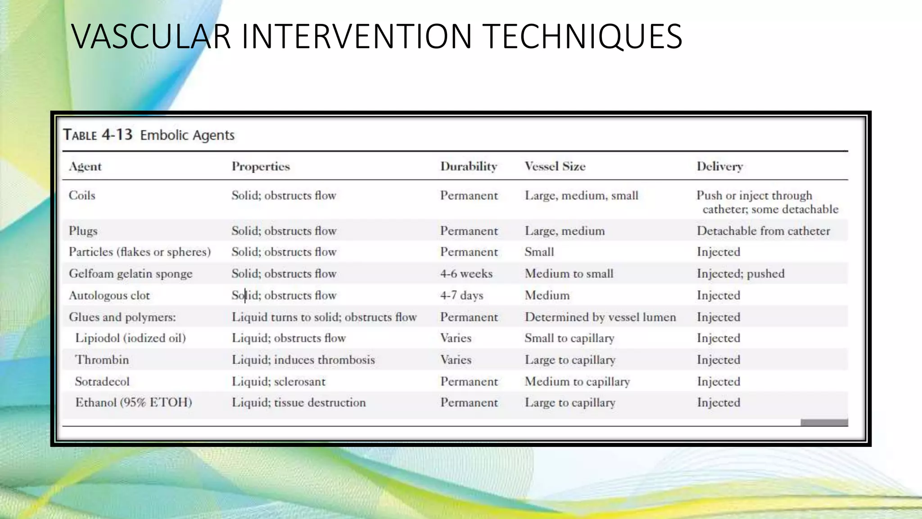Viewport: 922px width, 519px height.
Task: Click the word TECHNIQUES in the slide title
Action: [584, 36]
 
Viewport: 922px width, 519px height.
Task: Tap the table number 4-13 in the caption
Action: [117, 135]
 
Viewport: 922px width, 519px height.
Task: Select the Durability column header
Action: [468, 167]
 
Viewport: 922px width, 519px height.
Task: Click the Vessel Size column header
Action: [555, 167]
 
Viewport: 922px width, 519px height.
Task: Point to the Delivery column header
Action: [719, 167]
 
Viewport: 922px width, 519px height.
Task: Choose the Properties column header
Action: [261, 167]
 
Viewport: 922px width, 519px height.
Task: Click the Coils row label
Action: [82, 196]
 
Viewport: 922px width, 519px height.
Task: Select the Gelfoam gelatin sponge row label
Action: [131, 274]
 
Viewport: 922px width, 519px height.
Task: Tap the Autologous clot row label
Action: [109, 296]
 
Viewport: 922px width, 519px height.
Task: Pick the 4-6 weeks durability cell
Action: [466, 274]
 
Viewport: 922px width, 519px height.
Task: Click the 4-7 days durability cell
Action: [461, 296]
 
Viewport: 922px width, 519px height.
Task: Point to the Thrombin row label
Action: [102, 360]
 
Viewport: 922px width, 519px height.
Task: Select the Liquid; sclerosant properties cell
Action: [278, 382]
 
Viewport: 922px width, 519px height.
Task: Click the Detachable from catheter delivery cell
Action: [763, 231]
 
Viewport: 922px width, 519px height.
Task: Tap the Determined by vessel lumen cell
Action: [600, 317]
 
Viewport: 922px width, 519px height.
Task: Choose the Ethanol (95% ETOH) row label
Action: [133, 402]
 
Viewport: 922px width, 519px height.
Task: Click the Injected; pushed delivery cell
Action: [740, 274]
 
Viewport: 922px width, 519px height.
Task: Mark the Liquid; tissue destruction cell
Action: [298, 402]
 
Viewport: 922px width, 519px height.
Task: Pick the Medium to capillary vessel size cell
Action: [577, 382]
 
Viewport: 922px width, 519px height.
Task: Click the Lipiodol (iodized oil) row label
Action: [130, 338]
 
